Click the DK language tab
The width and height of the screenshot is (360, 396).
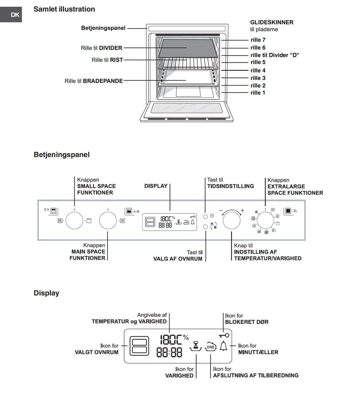point(15,15)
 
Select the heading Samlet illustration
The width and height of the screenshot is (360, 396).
point(64,9)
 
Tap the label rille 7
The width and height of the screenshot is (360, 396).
point(258,40)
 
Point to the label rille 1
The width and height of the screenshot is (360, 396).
point(258,93)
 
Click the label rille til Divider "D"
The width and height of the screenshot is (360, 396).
point(274,55)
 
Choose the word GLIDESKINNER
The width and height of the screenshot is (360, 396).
point(271,22)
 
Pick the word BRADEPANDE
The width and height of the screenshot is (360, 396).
point(103,81)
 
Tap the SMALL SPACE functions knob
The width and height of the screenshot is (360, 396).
point(74,220)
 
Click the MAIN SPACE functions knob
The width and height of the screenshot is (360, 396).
point(108,220)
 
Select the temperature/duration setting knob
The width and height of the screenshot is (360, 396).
point(232,220)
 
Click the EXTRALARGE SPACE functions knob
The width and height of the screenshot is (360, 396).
point(265,220)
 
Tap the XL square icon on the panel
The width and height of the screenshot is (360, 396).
point(288,211)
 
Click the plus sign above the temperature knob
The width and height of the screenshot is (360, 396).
point(242,210)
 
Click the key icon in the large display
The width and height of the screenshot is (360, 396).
point(224,334)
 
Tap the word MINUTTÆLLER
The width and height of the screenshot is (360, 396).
point(258,352)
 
